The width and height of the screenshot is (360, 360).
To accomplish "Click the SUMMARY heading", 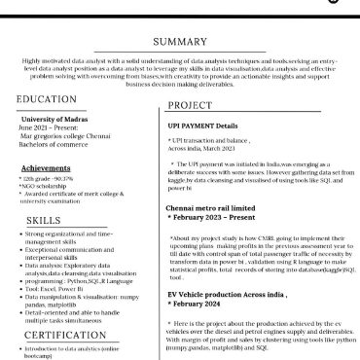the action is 180,42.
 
